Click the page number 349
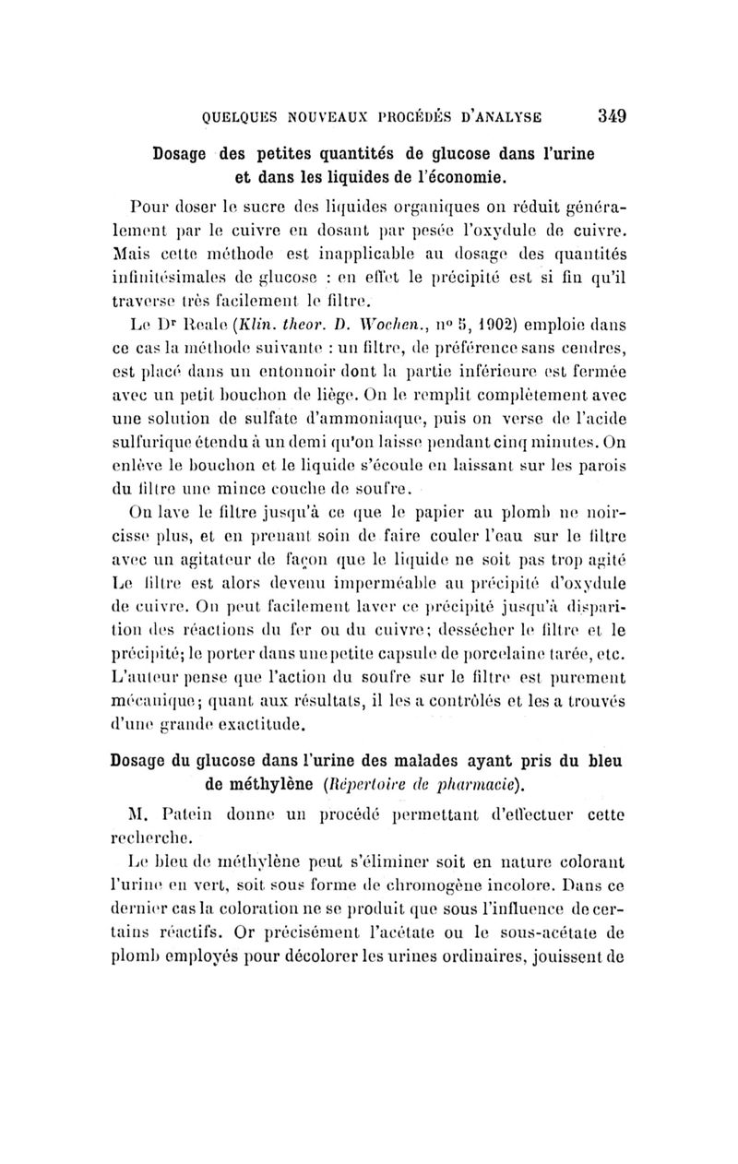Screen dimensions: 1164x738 click(612, 116)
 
